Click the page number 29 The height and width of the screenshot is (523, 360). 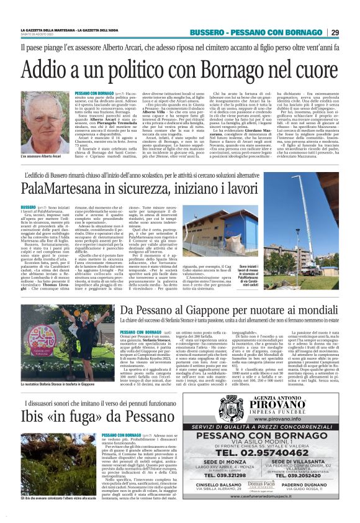tap(335, 32)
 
